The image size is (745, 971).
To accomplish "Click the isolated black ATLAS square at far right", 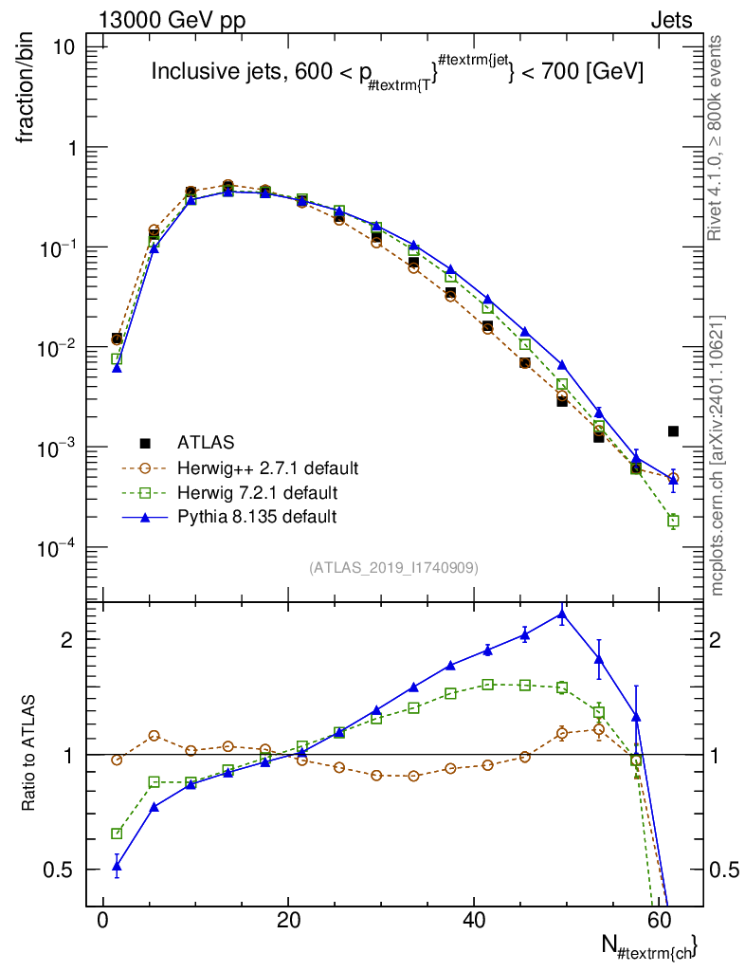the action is pyautogui.click(x=673, y=431).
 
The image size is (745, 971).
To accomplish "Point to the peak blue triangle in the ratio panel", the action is pyautogui.click(x=562, y=614).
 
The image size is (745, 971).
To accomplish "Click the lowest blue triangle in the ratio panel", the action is pyautogui.click(x=117, y=867).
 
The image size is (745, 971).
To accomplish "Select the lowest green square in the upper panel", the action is pyautogui.click(x=673, y=521).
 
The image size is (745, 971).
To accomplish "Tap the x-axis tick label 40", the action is pyautogui.click(x=473, y=920).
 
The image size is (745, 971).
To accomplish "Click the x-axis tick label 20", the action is pyautogui.click(x=288, y=920).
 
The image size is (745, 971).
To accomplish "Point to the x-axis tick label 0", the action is pyautogui.click(x=102, y=920).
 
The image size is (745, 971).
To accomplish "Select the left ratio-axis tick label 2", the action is pyautogui.click(x=67, y=640).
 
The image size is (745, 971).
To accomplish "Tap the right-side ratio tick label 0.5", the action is pyautogui.click(x=724, y=870).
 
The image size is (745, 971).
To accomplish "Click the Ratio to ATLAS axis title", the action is pyautogui.click(x=27, y=753).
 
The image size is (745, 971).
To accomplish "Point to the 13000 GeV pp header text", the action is pyautogui.click(x=172, y=21).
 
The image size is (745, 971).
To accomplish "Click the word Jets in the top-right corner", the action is pyautogui.click(x=671, y=21).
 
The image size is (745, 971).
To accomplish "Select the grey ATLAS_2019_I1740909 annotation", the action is pyautogui.click(x=393, y=568).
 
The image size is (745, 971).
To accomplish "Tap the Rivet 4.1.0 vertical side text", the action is pyautogui.click(x=715, y=138).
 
